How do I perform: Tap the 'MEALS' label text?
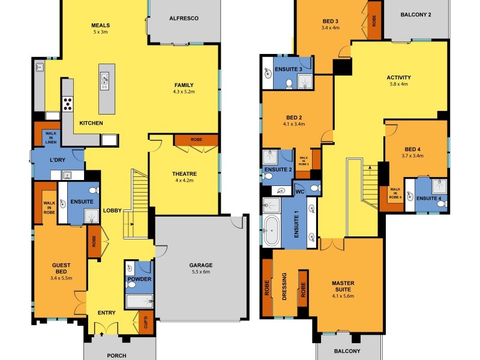point(100,25)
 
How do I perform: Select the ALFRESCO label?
point(184,19)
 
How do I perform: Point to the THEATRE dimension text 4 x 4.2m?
point(185,181)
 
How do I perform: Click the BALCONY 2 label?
point(416,14)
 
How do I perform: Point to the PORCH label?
point(116,355)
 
